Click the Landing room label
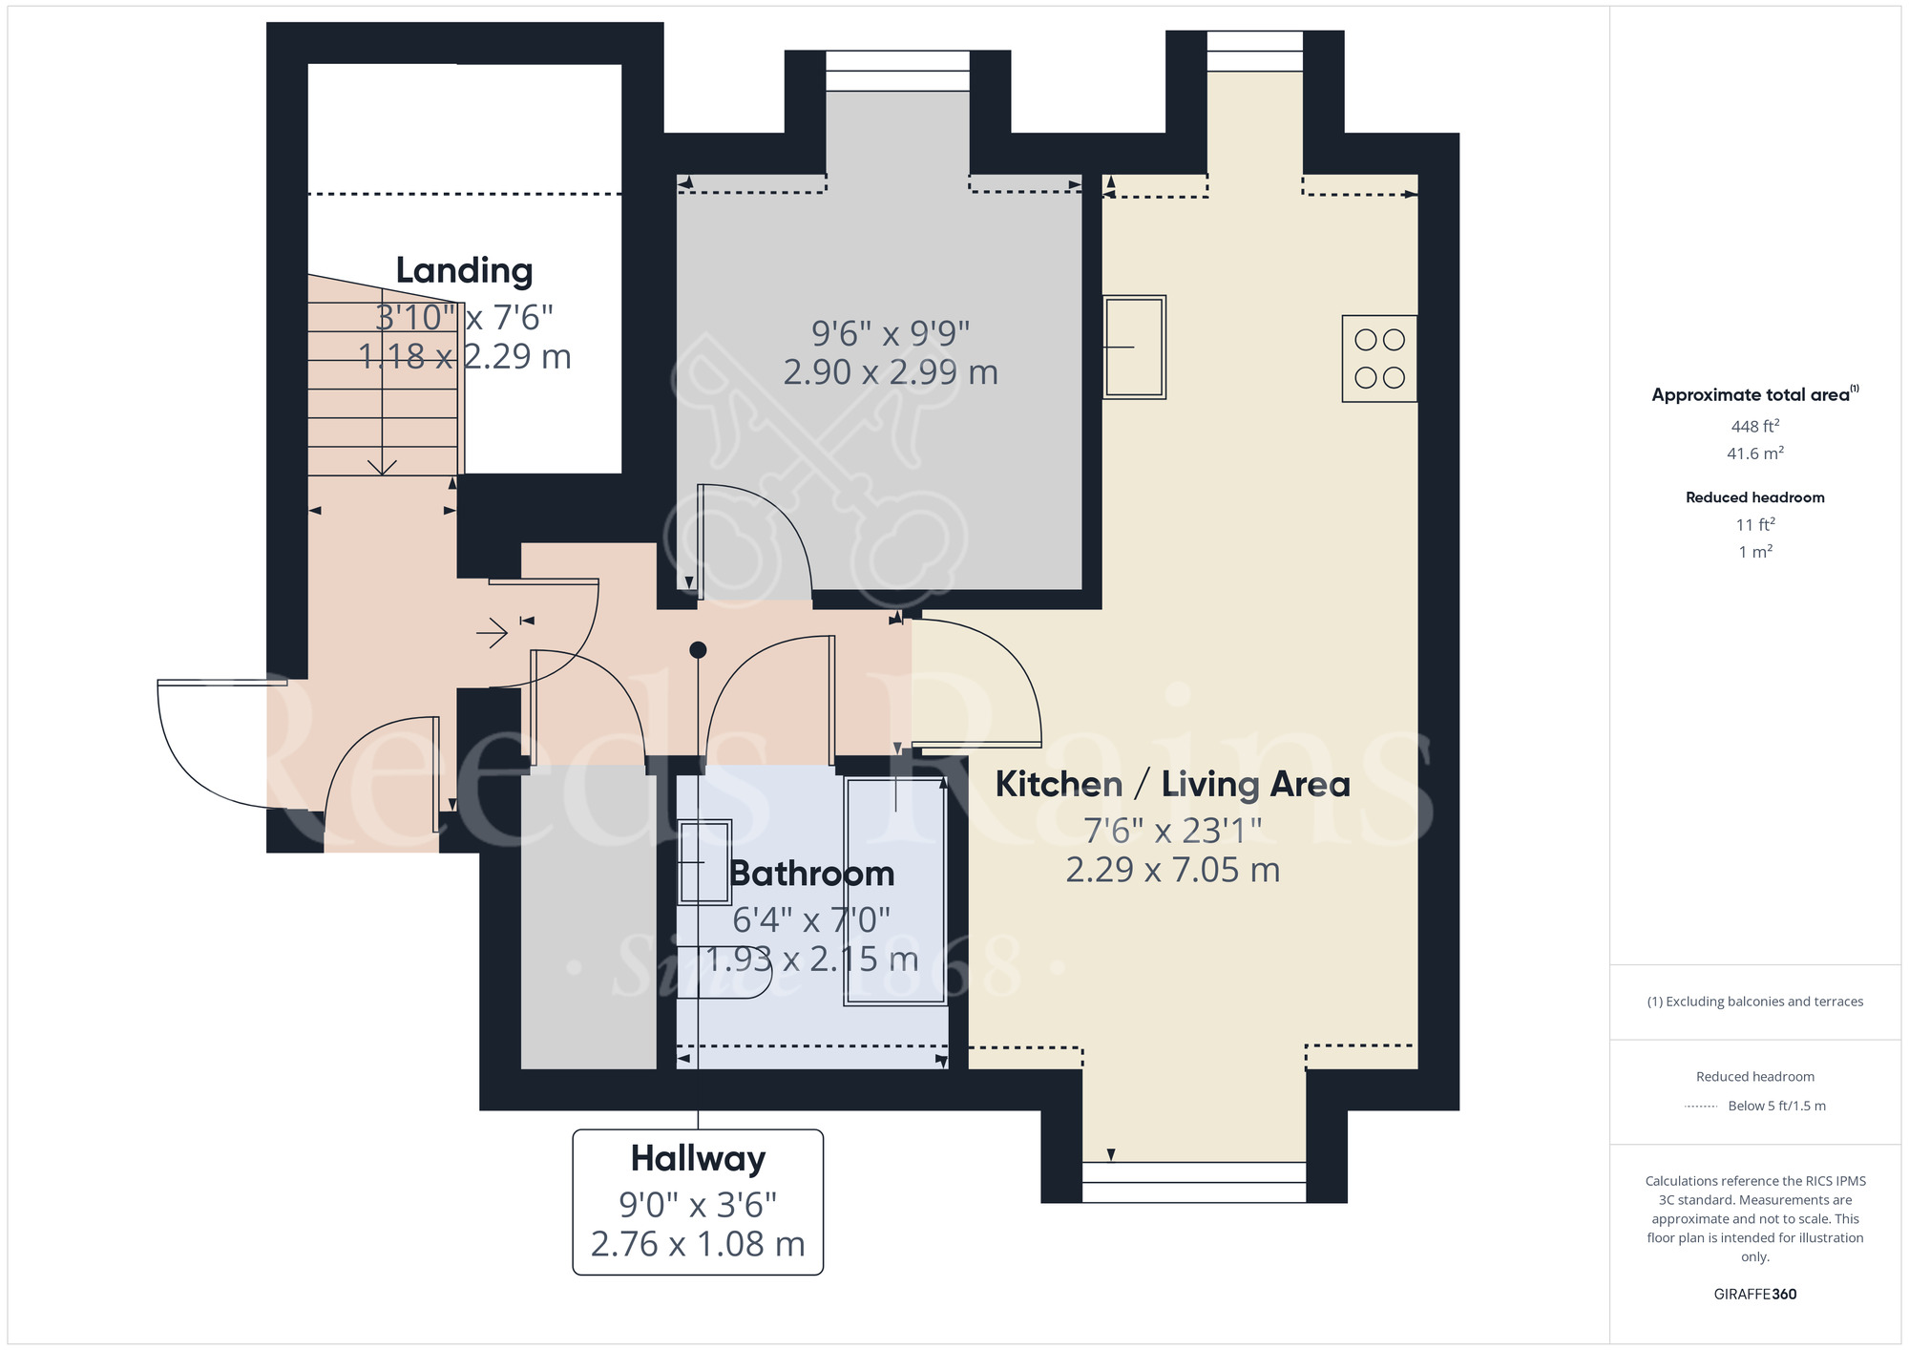tap(464, 271)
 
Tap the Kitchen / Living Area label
tap(1172, 785)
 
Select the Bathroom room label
tap(811, 874)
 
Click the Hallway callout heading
tap(698, 1159)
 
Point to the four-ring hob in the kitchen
tap(1379, 358)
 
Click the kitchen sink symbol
tap(1134, 347)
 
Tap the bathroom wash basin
tap(704, 862)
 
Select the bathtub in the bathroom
tap(895, 891)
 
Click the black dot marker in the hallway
tap(698, 650)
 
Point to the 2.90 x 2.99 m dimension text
tap(890, 372)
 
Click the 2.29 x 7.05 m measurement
tap(1172, 870)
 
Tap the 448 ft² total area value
tap(1754, 426)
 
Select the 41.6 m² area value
tap(1754, 454)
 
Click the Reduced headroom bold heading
tap(1754, 497)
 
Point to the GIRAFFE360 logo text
tap(1754, 1295)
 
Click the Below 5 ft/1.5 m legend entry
tap(1775, 1106)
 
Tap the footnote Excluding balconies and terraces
tap(1754, 1002)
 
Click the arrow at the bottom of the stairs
tap(382, 466)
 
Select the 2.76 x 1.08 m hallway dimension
tap(698, 1244)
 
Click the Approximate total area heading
tap(1752, 395)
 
